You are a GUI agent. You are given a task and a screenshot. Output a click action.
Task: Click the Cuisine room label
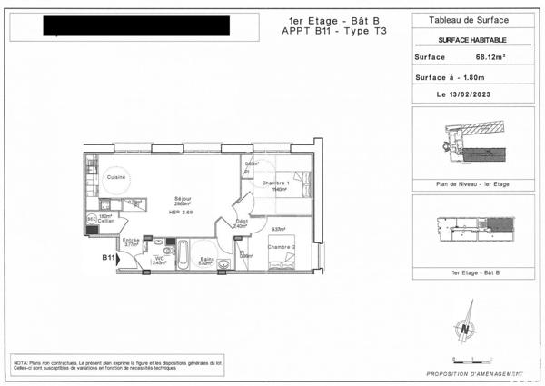(x=114, y=178)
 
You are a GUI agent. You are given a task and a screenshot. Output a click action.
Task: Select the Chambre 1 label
(x=275, y=183)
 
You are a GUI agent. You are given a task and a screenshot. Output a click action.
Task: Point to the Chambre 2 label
(x=281, y=246)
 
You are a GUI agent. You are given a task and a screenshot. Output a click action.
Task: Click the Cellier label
(x=106, y=221)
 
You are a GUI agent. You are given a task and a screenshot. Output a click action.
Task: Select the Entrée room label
(x=130, y=240)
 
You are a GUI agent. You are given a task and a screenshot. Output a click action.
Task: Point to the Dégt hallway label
(x=242, y=221)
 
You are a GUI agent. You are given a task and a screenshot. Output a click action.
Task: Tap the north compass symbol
(x=467, y=331)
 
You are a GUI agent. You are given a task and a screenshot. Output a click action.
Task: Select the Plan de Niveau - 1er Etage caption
(x=473, y=184)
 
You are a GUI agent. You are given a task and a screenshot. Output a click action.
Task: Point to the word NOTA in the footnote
(x=21, y=362)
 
